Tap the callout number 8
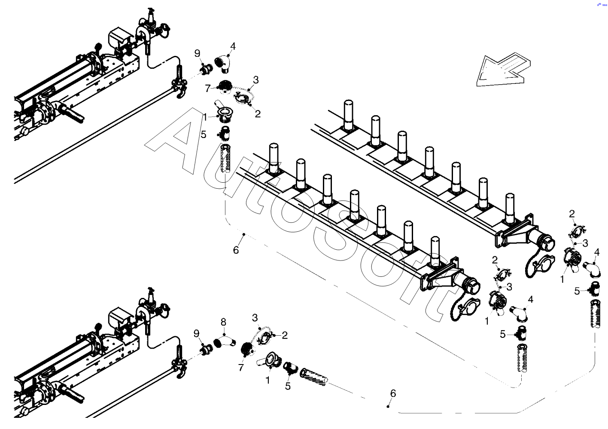coord(223,322)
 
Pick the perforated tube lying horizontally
coord(313,377)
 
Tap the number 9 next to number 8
coord(196,334)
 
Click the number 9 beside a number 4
coord(198,54)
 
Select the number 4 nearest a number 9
coord(233,46)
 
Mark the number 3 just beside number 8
coord(255,317)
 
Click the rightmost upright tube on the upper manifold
coord(510,209)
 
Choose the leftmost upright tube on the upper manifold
coord(349,116)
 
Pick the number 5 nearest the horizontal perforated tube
coord(288,386)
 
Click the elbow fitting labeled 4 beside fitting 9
coord(222,64)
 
